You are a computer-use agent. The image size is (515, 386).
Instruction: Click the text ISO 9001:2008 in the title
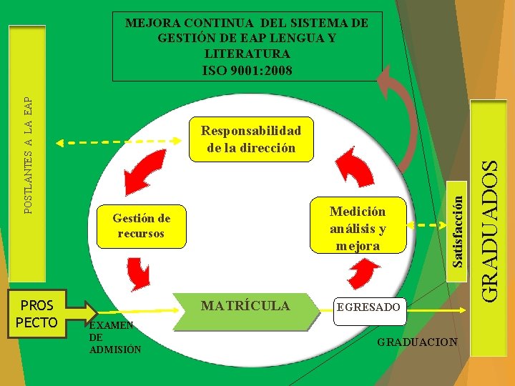pos(247,70)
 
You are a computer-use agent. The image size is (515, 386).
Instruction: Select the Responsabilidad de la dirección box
pos(251,139)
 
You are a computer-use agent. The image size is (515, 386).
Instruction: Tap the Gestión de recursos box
pos(141,226)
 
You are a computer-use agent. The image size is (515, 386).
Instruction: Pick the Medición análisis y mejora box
pos(358,228)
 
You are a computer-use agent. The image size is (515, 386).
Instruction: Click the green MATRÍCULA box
pos(245,307)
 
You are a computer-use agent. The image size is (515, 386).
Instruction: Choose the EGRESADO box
pos(368,307)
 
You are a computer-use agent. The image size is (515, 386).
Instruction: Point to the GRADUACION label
pos(417,342)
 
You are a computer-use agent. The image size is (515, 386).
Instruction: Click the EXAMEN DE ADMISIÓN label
pos(110,337)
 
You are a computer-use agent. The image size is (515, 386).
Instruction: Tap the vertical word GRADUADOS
pos(489,229)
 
